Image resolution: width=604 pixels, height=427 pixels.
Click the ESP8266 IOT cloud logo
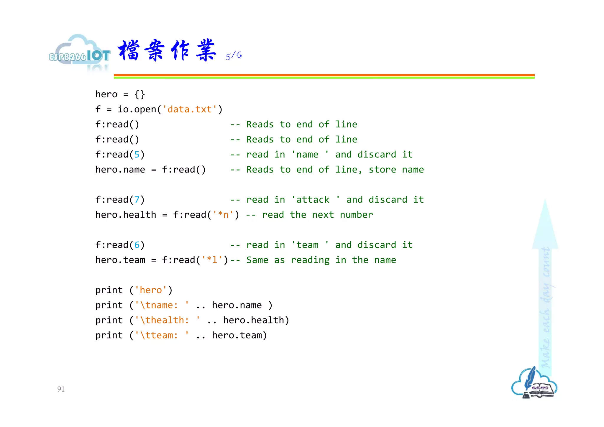[x=79, y=53]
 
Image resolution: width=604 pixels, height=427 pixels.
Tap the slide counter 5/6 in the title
[x=234, y=55]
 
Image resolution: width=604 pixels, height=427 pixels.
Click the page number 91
[x=61, y=389]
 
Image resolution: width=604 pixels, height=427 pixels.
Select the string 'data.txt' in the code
[x=190, y=109]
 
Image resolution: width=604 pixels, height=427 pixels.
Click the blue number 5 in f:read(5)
[x=137, y=155]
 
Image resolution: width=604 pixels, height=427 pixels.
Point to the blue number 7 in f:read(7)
[x=137, y=200]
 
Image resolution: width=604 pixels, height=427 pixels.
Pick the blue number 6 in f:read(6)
[x=137, y=245]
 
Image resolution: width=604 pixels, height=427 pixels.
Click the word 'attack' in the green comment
[x=313, y=200]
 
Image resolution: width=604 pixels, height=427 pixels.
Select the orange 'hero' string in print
[x=151, y=290]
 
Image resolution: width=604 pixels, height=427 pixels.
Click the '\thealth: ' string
[x=167, y=320]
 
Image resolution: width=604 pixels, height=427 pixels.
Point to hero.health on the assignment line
[x=126, y=215]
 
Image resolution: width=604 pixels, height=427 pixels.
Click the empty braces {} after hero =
[x=139, y=94]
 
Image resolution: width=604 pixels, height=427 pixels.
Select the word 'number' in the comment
[x=356, y=215]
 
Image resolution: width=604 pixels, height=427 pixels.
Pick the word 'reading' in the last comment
[x=310, y=260]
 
